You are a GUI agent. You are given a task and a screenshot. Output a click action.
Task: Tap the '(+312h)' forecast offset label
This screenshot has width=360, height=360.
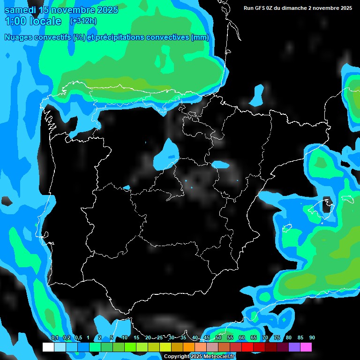point(83,21)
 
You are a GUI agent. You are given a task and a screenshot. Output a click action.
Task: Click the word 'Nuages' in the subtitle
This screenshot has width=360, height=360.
point(17,37)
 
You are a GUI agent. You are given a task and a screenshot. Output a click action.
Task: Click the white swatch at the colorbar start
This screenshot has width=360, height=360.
point(48,347)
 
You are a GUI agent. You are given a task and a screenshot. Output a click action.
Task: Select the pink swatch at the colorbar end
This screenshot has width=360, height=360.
point(306,347)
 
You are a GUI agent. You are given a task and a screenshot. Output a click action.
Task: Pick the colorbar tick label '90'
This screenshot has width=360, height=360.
point(312,338)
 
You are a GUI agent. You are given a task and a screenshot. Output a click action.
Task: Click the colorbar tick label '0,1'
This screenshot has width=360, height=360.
point(54,338)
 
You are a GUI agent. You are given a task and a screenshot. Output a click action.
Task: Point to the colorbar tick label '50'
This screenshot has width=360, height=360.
point(218,338)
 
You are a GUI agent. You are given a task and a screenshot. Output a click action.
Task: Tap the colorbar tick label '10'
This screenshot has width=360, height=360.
point(124,338)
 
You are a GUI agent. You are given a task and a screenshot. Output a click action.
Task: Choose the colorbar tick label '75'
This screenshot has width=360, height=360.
point(277,338)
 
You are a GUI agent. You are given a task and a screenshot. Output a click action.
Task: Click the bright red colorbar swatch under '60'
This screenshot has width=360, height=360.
point(247,347)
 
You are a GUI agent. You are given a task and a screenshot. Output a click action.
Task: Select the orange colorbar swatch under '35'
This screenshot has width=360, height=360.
point(189,347)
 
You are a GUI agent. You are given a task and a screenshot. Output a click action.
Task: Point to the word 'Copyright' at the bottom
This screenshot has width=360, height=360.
point(177,357)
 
